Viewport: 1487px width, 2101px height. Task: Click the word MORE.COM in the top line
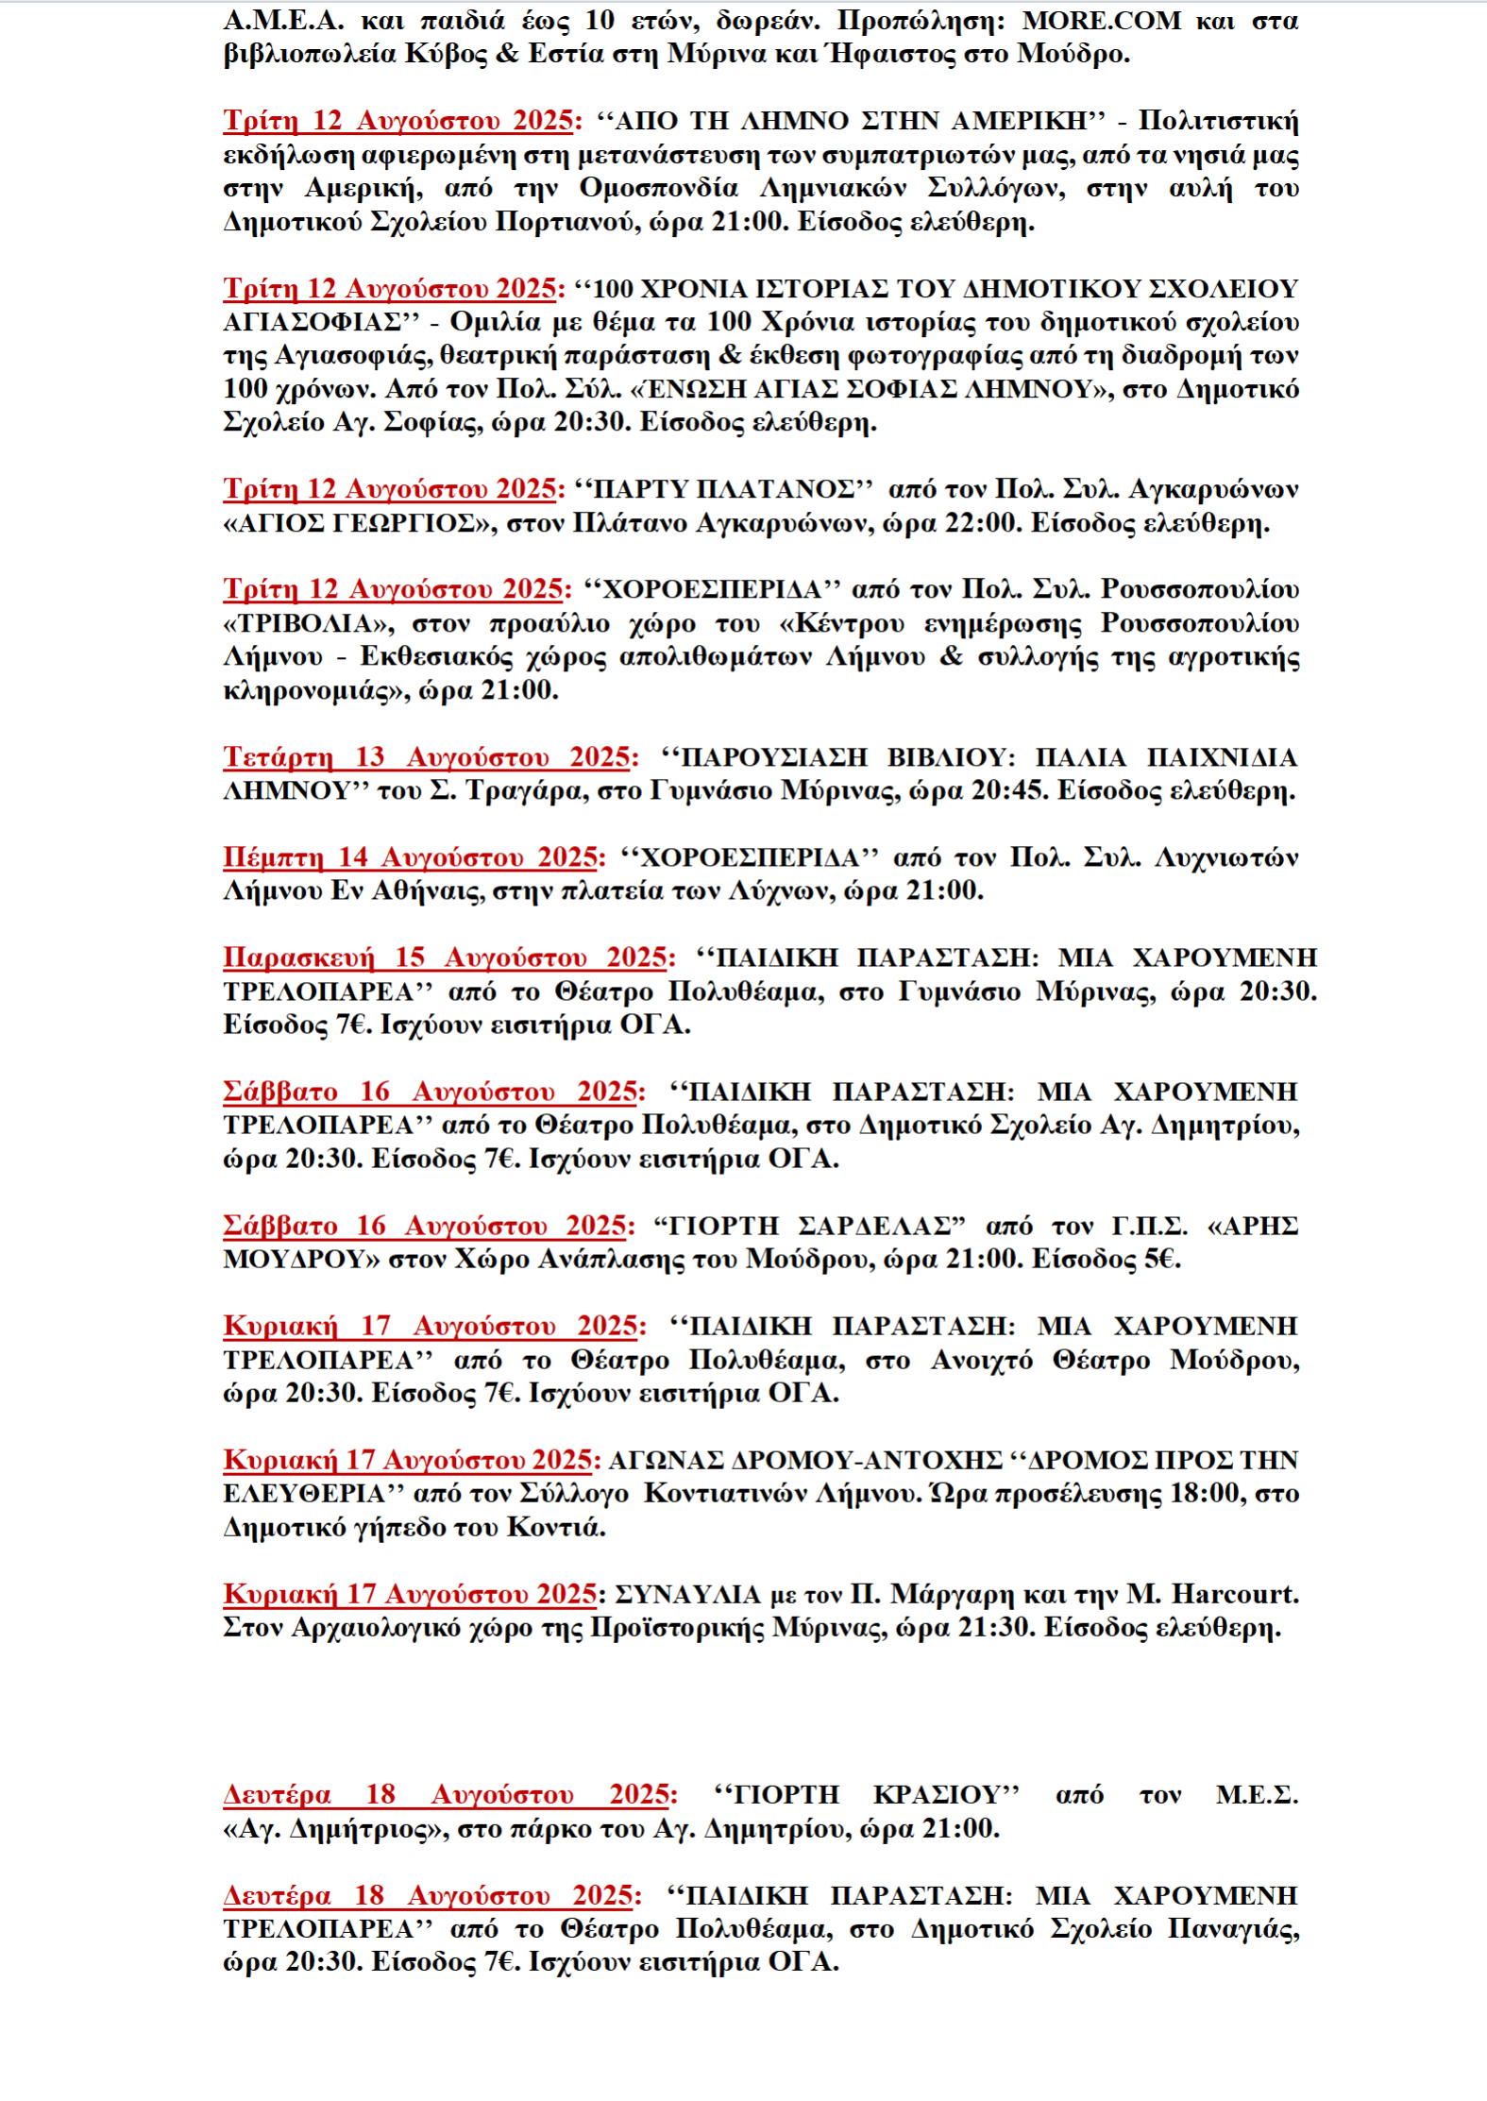coord(1102,21)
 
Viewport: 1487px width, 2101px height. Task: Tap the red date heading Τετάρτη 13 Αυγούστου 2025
coord(427,757)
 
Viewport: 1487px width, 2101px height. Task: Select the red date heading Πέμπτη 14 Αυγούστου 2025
coord(412,857)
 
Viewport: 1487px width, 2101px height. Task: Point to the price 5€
coord(1162,1260)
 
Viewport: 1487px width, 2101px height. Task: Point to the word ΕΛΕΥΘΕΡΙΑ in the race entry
coord(305,1494)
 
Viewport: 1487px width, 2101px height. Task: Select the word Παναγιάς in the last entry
coord(1232,1929)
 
